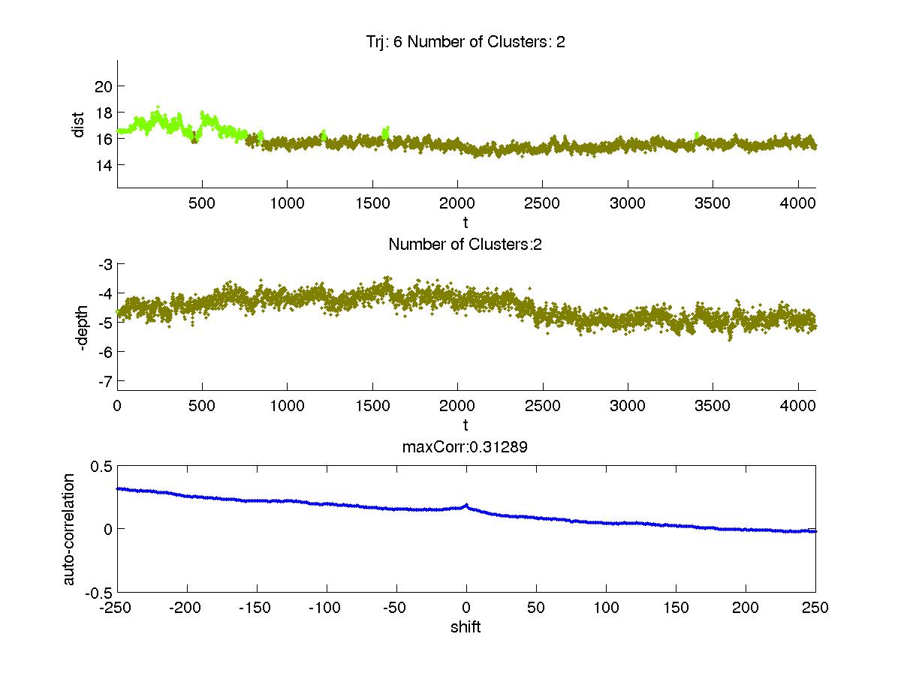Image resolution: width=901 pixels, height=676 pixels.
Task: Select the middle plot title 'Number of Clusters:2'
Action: pyautogui.click(x=466, y=245)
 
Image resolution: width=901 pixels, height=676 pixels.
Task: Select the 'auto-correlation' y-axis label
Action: pyautogui.click(x=69, y=529)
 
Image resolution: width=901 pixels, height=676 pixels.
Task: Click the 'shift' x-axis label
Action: pyautogui.click(x=466, y=626)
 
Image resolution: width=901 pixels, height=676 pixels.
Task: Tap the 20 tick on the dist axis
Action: pyautogui.click(x=104, y=86)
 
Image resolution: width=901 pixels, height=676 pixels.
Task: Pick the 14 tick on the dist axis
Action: pyautogui.click(x=104, y=164)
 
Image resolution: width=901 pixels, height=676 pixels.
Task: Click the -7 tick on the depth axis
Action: pyautogui.click(x=104, y=380)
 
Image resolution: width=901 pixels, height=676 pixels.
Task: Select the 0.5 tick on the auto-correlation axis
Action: pyautogui.click(x=102, y=466)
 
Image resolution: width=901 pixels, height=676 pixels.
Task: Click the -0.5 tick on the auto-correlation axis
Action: pyautogui.click(x=101, y=592)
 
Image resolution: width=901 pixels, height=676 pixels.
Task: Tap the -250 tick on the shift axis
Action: pyautogui.click(x=118, y=607)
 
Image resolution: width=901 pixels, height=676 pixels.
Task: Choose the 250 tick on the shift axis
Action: pyautogui.click(x=815, y=607)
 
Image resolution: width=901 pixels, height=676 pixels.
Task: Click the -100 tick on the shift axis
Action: pyautogui.click(x=327, y=607)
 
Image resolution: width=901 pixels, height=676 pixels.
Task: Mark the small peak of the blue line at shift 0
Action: pyautogui.click(x=466, y=505)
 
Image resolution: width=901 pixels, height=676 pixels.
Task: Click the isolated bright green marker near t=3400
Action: pyautogui.click(x=697, y=135)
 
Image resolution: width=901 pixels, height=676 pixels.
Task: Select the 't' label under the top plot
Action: pyautogui.click(x=466, y=223)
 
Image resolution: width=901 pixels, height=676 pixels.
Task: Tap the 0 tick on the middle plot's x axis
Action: pyautogui.click(x=118, y=405)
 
